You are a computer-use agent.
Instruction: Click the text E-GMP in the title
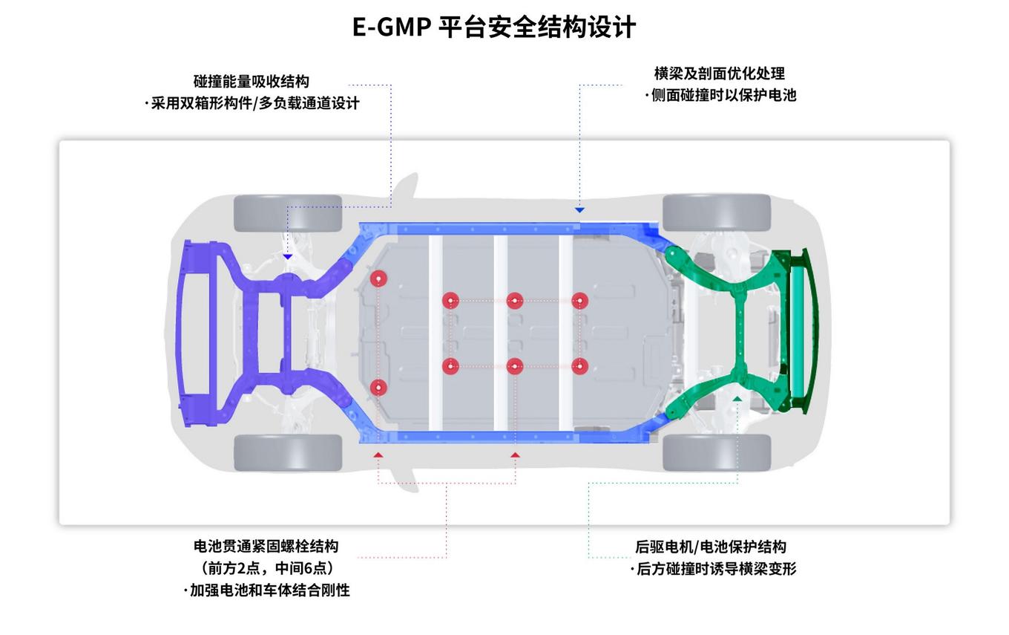[x=392, y=27]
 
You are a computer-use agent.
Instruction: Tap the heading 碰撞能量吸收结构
[x=252, y=82]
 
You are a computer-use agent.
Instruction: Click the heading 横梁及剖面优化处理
[x=720, y=74]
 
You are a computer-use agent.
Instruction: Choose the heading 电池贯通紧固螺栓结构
[x=266, y=547]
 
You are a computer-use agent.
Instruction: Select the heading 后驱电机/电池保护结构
[x=710, y=547]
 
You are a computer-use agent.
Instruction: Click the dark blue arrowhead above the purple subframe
[x=288, y=257]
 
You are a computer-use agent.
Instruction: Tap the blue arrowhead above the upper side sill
[x=579, y=210]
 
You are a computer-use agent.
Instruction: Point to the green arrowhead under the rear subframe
[x=737, y=399]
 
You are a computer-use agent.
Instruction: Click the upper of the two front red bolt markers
[x=378, y=279]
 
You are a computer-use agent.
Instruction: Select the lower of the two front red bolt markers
[x=378, y=388]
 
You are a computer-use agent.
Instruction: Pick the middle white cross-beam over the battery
[x=501, y=333]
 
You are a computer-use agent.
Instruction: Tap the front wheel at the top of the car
[x=288, y=213]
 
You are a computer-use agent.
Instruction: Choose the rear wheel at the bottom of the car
[x=717, y=453]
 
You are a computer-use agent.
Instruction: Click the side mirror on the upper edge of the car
[x=405, y=189]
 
